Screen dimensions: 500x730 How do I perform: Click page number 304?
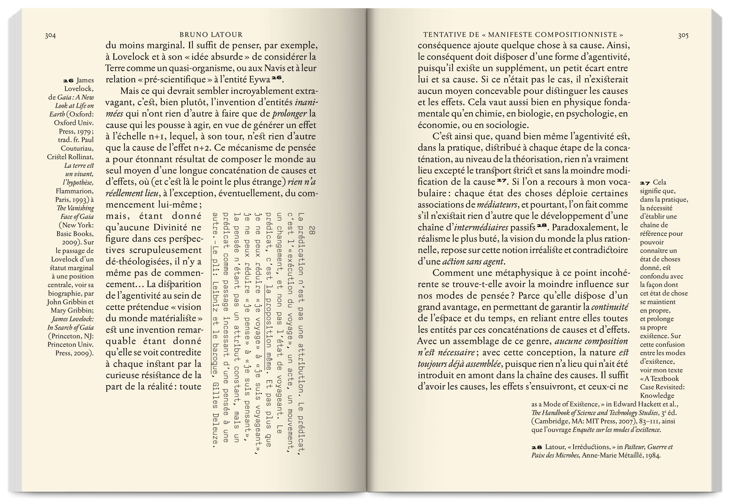coord(50,35)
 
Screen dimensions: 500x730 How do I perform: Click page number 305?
coord(683,35)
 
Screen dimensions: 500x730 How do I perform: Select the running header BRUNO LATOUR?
coord(211,35)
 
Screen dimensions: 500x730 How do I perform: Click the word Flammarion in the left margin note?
coord(75,191)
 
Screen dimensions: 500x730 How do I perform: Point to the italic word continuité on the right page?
coord(610,307)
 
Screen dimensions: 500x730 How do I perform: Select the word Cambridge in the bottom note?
coord(549,421)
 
